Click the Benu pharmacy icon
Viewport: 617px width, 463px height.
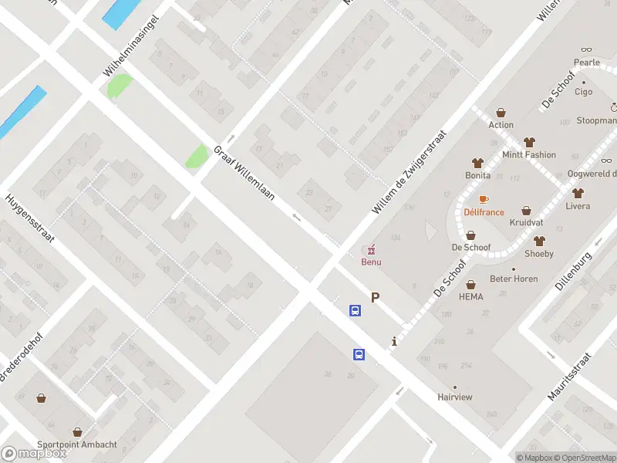point(371,248)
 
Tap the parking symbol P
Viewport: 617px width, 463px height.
point(376,297)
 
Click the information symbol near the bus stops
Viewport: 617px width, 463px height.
point(394,341)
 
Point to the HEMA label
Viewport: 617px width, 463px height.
point(470,297)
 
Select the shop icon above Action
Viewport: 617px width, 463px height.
point(501,113)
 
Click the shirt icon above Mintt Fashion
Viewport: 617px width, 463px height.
point(528,142)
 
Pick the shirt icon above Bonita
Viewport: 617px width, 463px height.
point(477,163)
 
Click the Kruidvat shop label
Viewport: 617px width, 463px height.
point(526,222)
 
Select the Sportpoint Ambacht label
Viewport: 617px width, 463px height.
point(78,444)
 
